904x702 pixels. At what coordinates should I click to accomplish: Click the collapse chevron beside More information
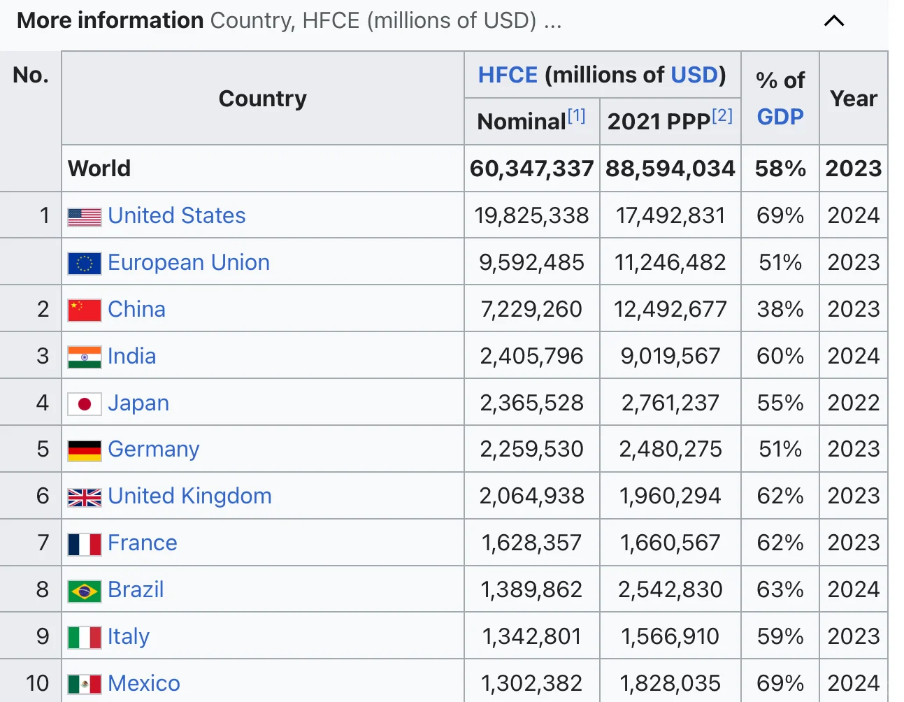[x=834, y=21]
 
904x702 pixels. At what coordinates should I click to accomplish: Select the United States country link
[x=176, y=215]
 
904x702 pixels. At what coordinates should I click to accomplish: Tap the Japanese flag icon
[x=85, y=404]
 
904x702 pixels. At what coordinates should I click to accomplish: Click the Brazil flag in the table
[x=85, y=591]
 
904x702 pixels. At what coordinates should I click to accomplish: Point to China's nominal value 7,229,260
[x=531, y=310]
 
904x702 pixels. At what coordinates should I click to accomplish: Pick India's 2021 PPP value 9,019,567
[x=670, y=356]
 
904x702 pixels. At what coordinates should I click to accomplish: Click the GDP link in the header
[x=780, y=117]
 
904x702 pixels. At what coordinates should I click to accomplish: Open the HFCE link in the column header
[x=508, y=75]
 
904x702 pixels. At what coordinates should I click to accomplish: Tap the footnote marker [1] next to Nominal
[x=577, y=115]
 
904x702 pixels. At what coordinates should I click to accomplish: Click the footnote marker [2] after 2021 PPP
[x=722, y=115]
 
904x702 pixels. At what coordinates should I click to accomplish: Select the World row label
[x=99, y=169]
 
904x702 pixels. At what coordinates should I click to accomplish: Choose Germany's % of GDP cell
[x=780, y=449]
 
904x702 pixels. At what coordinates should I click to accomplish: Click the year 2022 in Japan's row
[x=854, y=403]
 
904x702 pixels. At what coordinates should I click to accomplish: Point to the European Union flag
[x=85, y=263]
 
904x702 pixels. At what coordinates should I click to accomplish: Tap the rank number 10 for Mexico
[x=38, y=683]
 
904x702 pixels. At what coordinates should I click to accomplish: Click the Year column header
[x=854, y=99]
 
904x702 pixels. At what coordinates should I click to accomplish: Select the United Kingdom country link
[x=189, y=496]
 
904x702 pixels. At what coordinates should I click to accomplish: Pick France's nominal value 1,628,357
[x=531, y=543]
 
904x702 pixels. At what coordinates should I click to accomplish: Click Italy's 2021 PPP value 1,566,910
[x=670, y=636]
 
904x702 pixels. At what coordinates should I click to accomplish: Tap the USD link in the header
[x=694, y=75]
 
